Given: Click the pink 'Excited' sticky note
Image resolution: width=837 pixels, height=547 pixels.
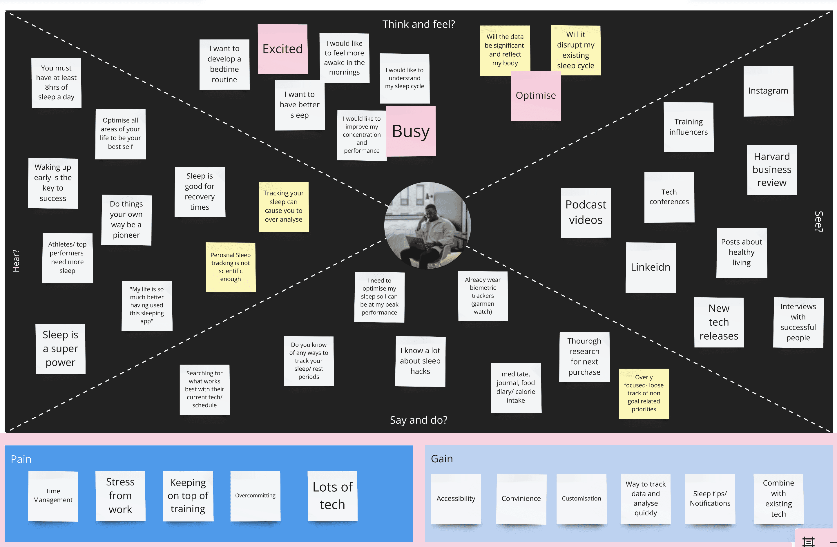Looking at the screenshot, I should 282,49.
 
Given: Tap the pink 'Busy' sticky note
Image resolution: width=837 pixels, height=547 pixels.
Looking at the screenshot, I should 410,131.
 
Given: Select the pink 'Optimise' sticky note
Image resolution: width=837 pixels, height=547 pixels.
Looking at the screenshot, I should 536,96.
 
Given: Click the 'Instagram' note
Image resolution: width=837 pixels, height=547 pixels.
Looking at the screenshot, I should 768,91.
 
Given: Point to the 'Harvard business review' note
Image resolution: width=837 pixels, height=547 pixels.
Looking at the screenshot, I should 771,170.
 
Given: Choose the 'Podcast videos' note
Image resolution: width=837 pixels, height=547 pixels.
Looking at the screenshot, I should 586,213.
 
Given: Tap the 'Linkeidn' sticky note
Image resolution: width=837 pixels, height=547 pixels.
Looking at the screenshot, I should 650,267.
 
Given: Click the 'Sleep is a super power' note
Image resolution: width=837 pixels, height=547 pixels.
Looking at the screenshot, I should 61,348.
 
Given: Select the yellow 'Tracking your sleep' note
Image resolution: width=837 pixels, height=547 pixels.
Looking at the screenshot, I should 283,207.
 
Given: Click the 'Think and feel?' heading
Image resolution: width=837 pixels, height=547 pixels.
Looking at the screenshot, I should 418,24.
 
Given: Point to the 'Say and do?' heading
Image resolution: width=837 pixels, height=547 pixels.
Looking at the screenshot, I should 418,420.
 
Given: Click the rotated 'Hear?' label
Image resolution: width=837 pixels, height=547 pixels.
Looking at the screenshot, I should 16,261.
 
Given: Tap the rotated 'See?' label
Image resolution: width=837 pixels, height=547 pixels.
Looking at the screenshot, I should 819,222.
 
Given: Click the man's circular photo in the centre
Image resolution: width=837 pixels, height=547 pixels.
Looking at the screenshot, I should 427,225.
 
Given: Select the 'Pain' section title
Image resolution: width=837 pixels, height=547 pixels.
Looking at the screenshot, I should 21,459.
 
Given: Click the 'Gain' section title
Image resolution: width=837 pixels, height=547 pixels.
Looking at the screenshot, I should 442,459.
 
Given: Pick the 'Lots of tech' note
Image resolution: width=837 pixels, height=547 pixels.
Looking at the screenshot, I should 332,496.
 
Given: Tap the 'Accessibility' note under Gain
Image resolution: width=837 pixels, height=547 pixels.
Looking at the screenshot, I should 456,499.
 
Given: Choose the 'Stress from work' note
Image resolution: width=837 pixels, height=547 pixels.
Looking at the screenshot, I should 120,496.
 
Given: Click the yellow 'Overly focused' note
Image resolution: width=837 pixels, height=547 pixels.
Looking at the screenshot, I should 644,393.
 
